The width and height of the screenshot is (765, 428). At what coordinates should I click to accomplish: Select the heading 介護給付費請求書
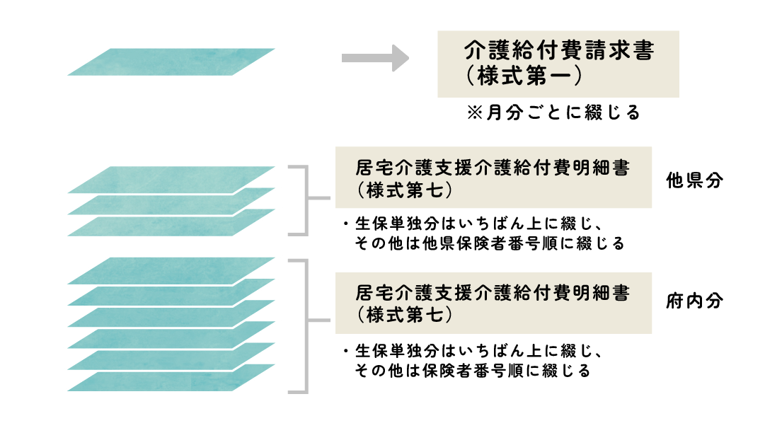[558, 52]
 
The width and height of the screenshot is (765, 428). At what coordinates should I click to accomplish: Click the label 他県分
[695, 180]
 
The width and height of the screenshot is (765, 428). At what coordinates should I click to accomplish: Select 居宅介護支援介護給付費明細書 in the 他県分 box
[493, 169]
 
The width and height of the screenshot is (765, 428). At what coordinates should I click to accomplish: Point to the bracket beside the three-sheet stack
[306, 200]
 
